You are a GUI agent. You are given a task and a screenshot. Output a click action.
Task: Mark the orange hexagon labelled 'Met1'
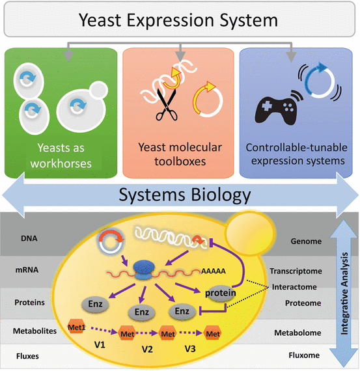pos(77,325)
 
